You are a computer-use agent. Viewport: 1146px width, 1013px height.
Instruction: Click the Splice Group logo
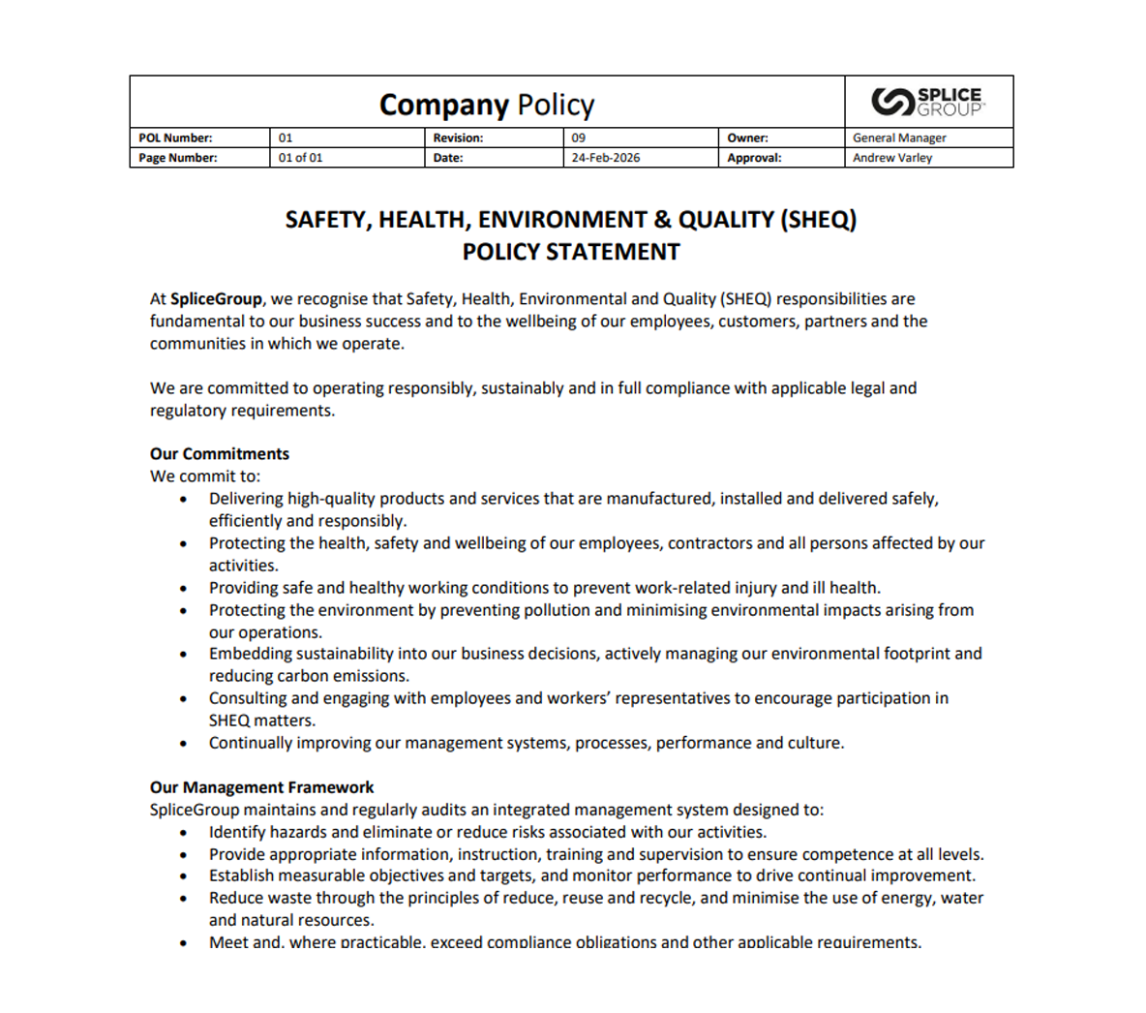click(x=927, y=102)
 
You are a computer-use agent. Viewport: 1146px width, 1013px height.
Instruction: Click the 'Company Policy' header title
click(x=487, y=105)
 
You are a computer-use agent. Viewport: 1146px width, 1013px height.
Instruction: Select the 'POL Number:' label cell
click(x=175, y=138)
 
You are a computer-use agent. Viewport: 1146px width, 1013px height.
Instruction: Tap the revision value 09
click(x=579, y=138)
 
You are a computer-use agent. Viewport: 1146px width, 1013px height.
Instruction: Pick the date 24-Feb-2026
click(x=605, y=157)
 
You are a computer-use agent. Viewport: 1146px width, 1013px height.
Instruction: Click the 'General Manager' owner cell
click(x=899, y=138)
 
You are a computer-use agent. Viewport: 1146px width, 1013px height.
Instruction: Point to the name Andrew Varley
click(x=892, y=157)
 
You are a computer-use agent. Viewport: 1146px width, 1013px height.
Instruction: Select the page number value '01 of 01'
click(x=300, y=157)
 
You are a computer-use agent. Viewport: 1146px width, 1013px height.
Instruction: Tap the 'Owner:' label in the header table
click(x=747, y=138)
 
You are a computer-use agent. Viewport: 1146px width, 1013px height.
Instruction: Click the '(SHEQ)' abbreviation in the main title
click(x=818, y=220)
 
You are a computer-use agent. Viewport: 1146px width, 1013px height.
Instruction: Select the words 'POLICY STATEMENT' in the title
click(x=571, y=252)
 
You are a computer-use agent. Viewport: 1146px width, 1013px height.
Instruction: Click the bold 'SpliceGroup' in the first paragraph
click(x=216, y=299)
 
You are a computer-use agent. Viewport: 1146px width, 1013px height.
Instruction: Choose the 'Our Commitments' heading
click(x=220, y=453)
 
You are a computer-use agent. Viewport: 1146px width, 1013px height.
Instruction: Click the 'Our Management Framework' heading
click(x=261, y=787)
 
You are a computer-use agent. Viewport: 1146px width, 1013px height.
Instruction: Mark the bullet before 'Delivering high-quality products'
click(x=184, y=499)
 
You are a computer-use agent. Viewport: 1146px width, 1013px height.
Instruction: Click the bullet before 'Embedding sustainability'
click(x=184, y=655)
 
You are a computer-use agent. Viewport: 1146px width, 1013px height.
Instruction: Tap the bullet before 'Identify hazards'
click(x=184, y=833)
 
